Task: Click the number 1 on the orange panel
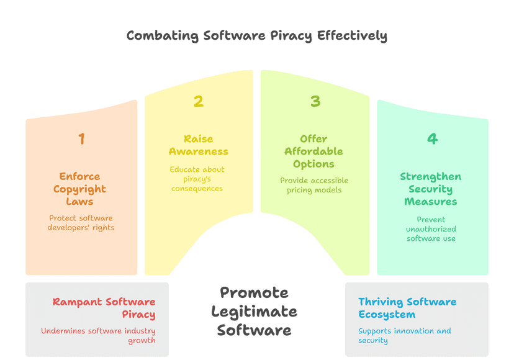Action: [81, 138]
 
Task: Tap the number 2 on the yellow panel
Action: [198, 101]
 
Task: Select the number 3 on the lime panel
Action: [315, 101]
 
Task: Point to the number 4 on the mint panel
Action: [432, 138]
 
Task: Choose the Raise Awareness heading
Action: [198, 145]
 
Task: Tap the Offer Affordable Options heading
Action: [313, 151]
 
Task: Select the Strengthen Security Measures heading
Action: [430, 189]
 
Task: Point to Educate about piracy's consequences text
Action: [197, 179]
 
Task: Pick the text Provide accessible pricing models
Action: [313, 185]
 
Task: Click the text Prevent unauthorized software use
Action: [431, 228]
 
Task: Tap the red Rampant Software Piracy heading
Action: [104, 308]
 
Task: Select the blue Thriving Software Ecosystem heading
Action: [407, 308]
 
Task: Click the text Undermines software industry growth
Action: [98, 335]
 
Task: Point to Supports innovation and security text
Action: [404, 335]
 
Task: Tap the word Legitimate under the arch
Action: [254, 312]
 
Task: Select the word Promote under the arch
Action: [254, 292]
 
